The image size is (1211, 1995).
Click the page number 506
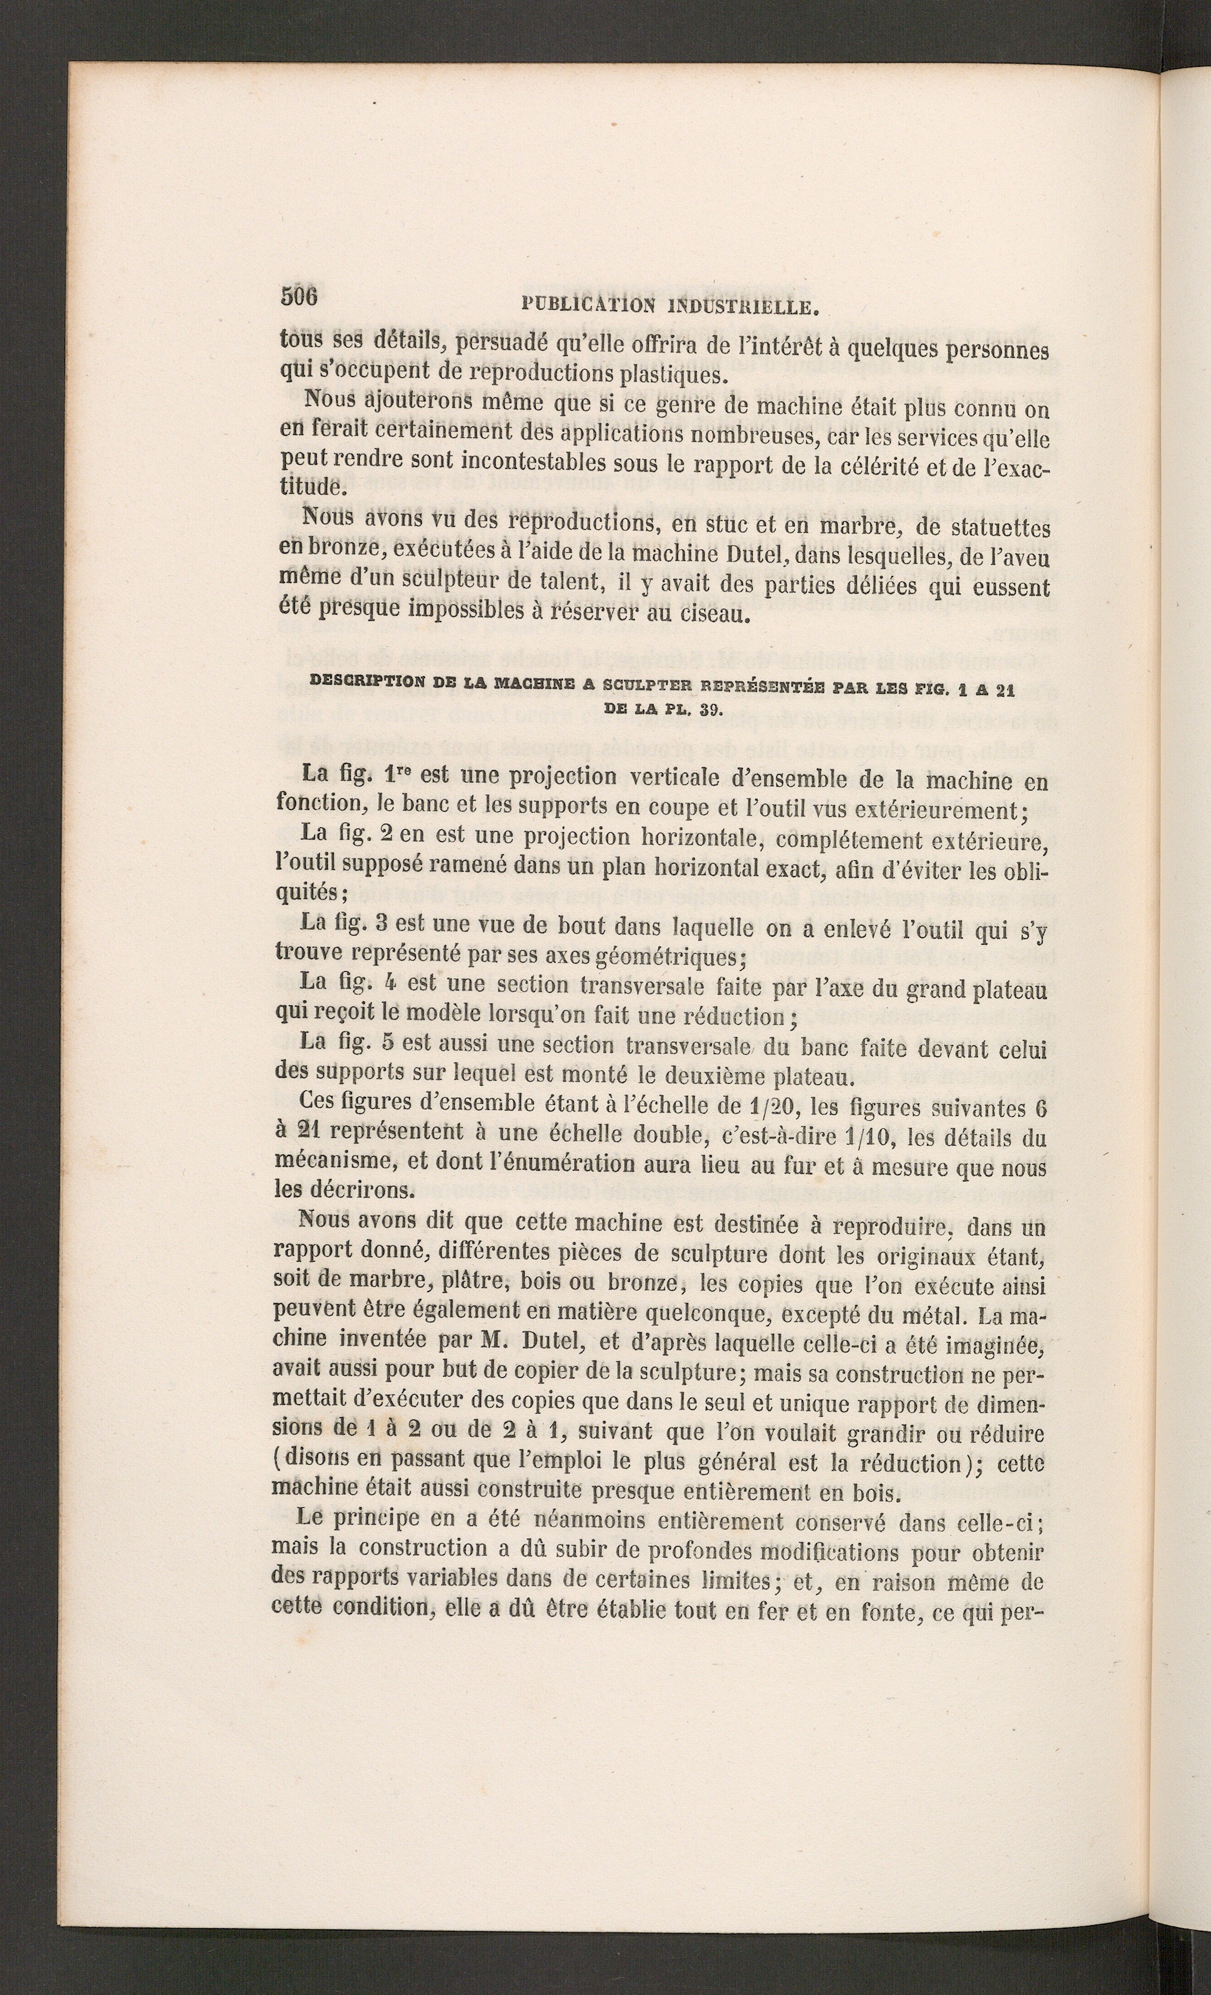(300, 296)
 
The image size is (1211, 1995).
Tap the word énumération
(544, 1165)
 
